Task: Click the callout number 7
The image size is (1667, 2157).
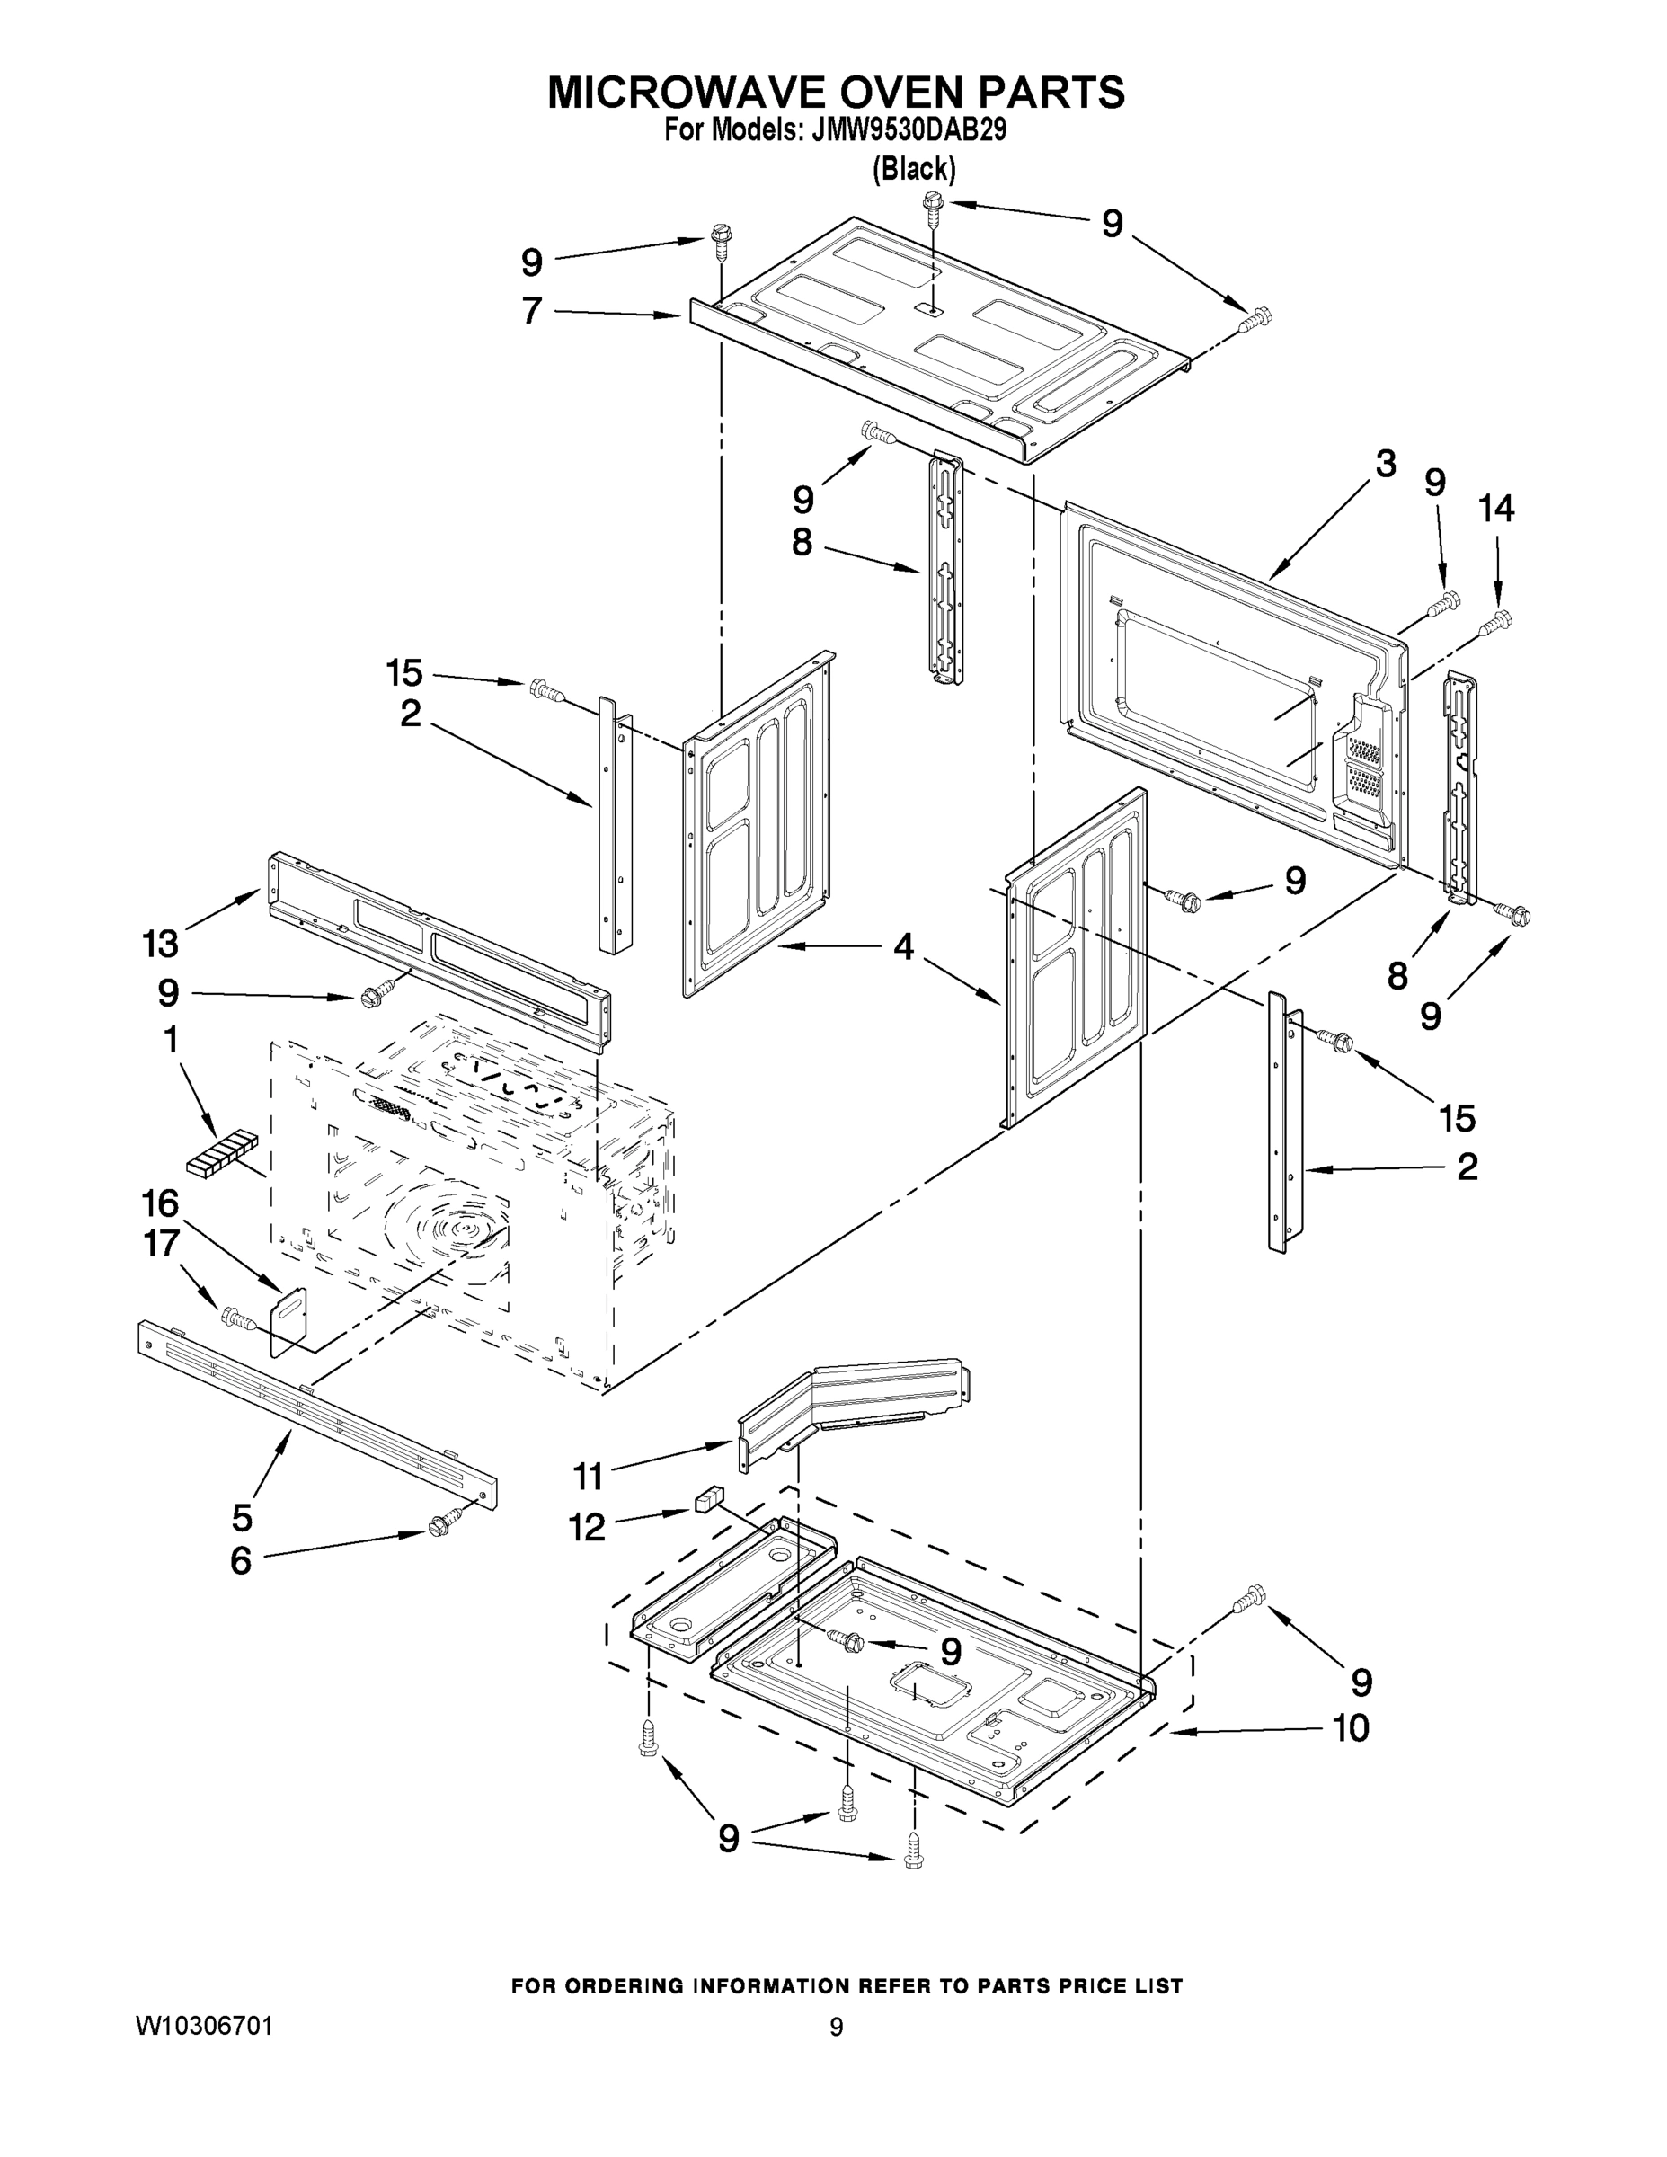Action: pos(532,310)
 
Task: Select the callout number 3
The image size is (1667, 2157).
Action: pos(1386,463)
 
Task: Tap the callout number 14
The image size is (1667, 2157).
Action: pos(1495,509)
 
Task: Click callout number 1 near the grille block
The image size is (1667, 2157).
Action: pos(170,1039)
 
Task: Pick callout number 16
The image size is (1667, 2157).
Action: pos(160,1203)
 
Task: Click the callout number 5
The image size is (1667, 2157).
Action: pos(243,1516)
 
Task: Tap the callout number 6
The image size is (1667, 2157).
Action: pos(240,1561)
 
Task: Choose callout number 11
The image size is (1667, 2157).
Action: pos(588,1478)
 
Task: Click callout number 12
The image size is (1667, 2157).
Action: pos(587,1528)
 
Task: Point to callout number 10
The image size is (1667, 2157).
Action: pos(1351,1728)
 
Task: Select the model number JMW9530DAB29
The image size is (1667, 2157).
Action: pos(909,130)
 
